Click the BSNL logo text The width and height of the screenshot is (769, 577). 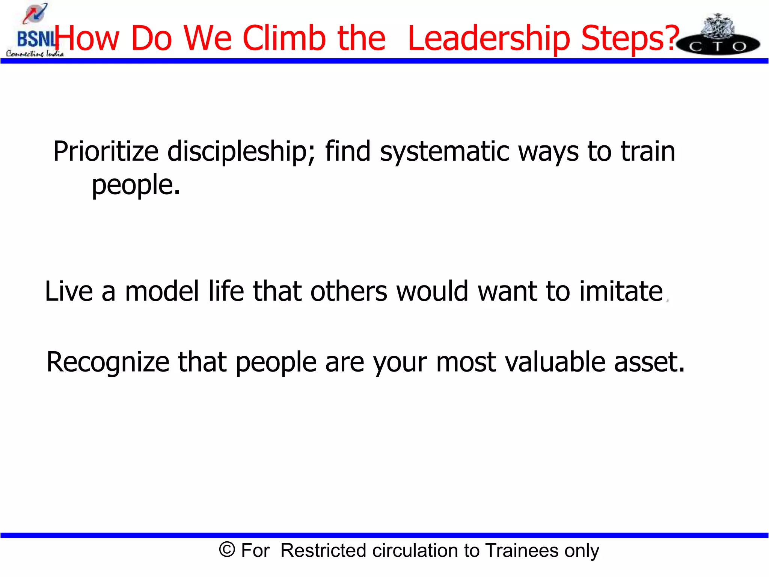(35, 39)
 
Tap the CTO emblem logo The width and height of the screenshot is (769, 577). (718, 36)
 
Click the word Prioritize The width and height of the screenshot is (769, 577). (106, 151)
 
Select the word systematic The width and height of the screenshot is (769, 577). (444, 151)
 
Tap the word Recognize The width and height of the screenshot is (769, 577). (108, 363)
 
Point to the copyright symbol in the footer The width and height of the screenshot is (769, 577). (227, 550)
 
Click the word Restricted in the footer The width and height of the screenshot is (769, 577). (323, 550)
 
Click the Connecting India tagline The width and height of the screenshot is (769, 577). (35, 54)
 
